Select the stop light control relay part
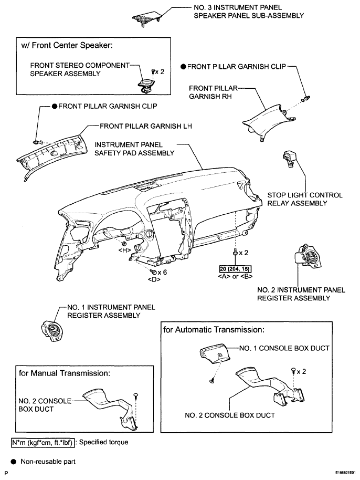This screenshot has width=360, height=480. (x=289, y=159)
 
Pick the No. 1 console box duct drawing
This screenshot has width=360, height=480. (x=215, y=355)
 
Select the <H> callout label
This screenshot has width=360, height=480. (x=124, y=250)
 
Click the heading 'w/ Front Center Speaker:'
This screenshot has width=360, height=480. (x=67, y=45)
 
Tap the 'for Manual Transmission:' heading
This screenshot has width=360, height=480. (x=64, y=373)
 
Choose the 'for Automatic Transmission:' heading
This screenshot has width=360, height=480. (x=214, y=330)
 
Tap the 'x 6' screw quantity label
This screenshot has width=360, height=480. (x=162, y=272)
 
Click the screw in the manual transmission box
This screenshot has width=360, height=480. (x=135, y=396)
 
